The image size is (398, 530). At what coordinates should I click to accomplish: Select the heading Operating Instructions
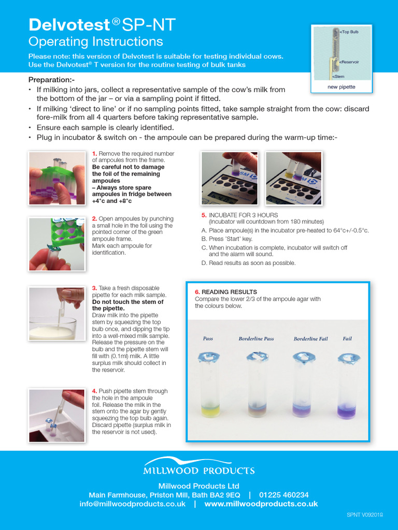pyautogui.click(x=95, y=41)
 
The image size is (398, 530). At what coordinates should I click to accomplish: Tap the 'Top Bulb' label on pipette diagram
pyautogui.click(x=350, y=32)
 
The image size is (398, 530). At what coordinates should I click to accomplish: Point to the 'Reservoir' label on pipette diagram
pyautogui.click(x=350, y=62)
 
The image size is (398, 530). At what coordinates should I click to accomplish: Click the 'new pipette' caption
pyautogui.click(x=341, y=87)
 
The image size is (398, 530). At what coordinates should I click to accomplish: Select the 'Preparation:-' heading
pyautogui.click(x=51, y=80)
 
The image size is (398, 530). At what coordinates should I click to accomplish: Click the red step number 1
pyautogui.click(x=94, y=154)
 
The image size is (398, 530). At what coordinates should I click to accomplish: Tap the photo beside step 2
pyautogui.click(x=56, y=244)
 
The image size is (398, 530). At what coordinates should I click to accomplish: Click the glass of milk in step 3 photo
pyautogui.click(x=52, y=326)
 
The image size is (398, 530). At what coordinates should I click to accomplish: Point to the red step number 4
pyautogui.click(x=94, y=391)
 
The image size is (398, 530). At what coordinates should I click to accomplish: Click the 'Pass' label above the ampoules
pyautogui.click(x=208, y=338)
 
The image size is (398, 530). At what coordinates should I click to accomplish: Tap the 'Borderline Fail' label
pyautogui.click(x=310, y=338)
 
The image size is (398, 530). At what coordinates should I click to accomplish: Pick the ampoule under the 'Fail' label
pyautogui.click(x=347, y=386)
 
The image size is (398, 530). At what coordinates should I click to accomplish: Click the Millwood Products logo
pyautogui.click(x=199, y=466)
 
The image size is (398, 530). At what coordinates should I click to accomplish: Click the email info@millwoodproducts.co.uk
pyautogui.click(x=132, y=504)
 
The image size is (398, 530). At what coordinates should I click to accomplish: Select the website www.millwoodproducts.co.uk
pyautogui.click(x=261, y=504)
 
